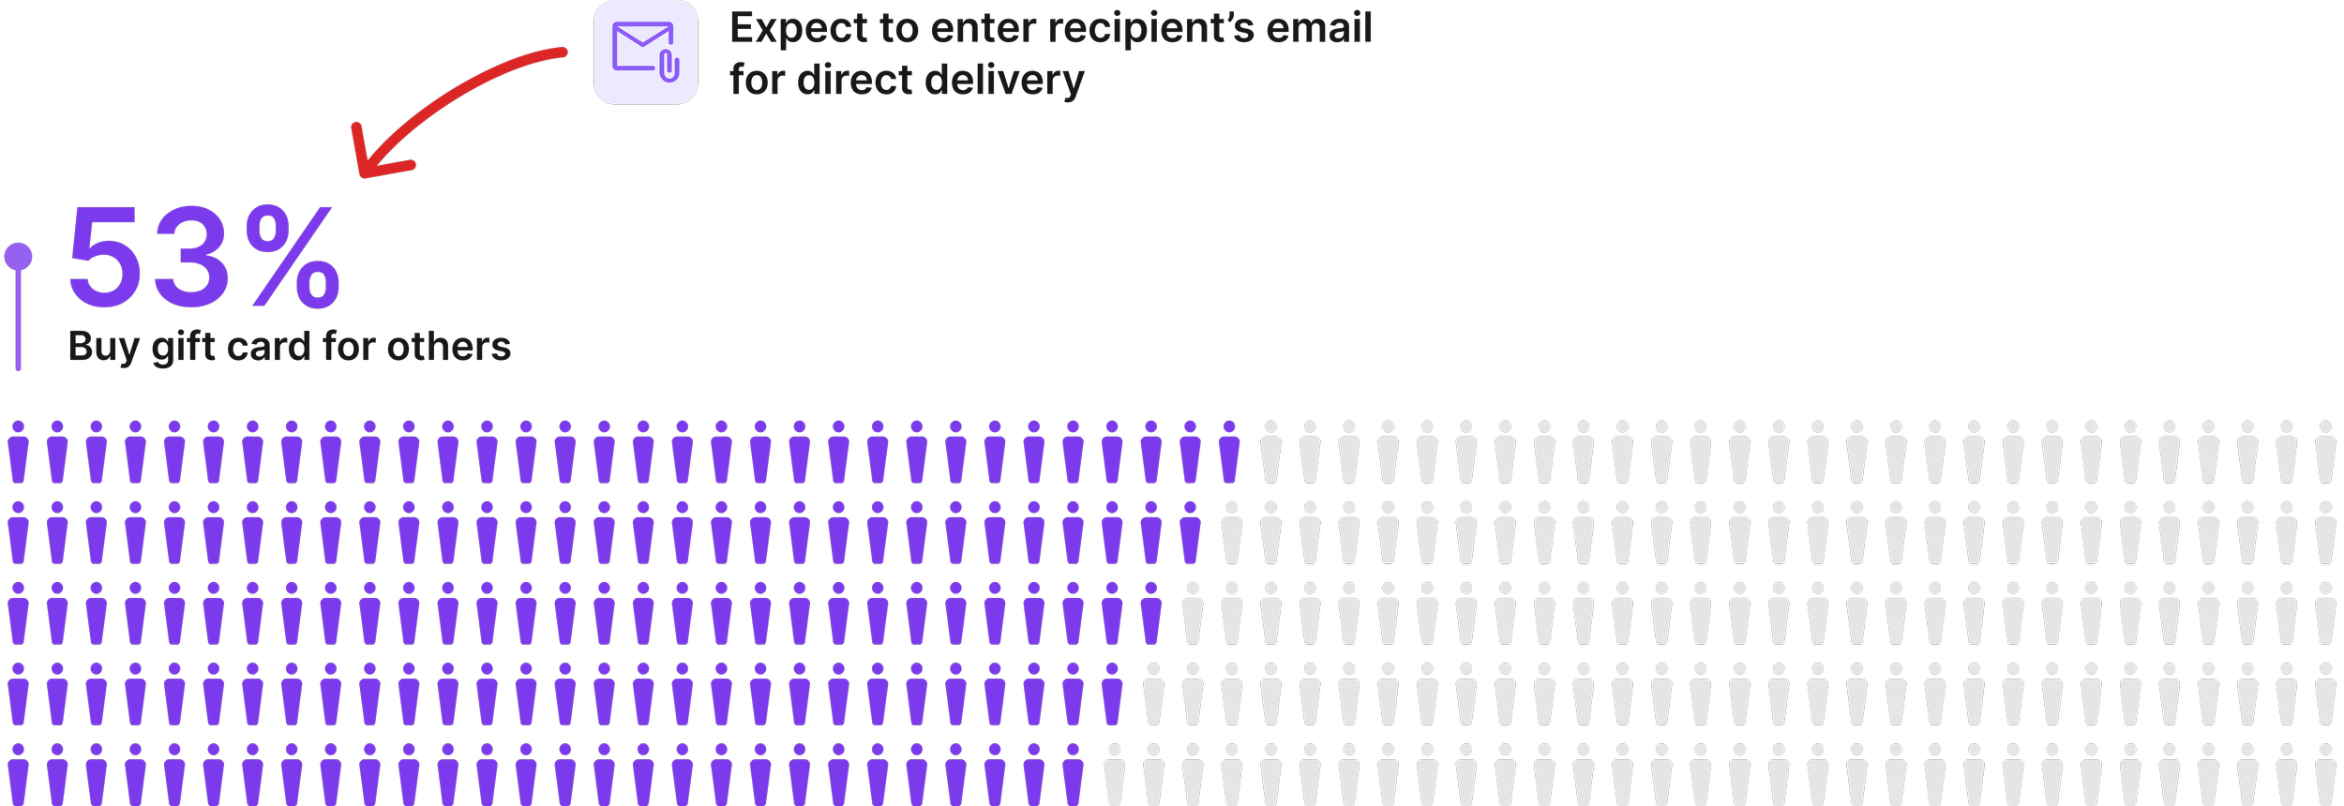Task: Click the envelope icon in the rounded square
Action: click(642, 47)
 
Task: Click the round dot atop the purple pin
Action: click(18, 257)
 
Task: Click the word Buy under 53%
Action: click(104, 348)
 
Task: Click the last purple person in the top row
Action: click(1229, 452)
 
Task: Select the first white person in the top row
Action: click(1270, 452)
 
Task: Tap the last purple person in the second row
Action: click(1190, 532)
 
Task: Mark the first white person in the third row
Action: click(1193, 614)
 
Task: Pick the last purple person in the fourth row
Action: click(1112, 694)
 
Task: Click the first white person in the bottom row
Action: click(1114, 774)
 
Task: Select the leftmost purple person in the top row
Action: click(18, 452)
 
